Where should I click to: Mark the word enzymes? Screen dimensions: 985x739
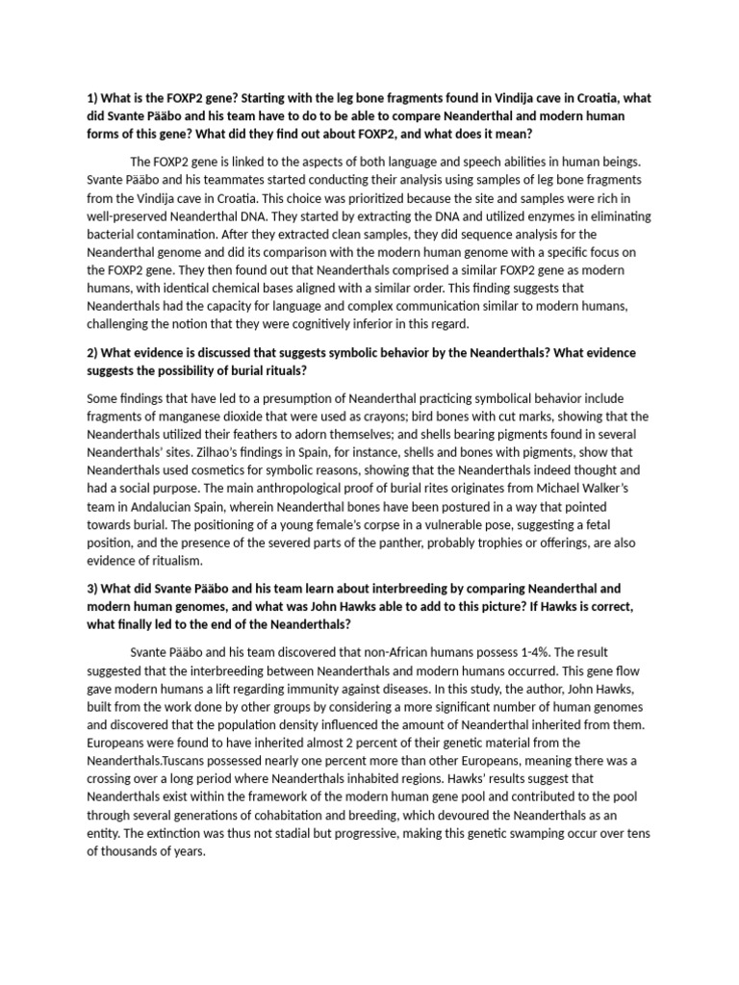[x=541, y=215]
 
